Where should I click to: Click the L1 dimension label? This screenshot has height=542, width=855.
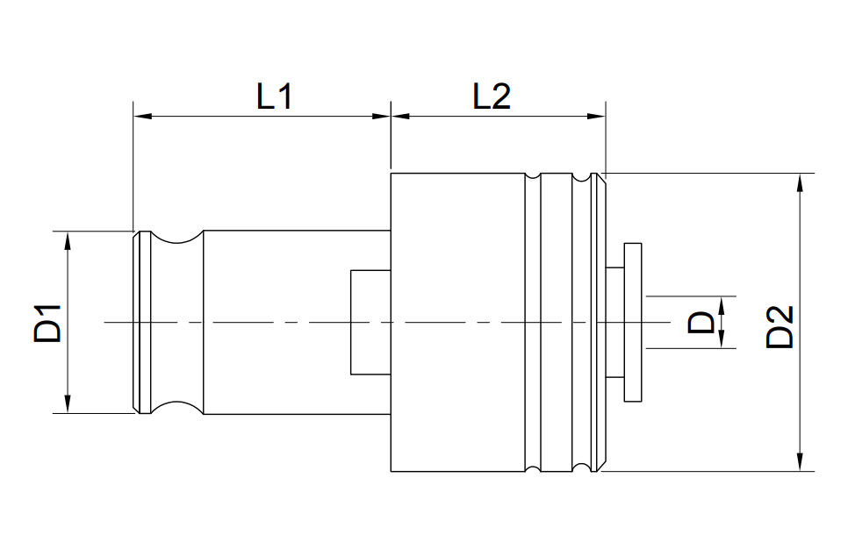point(275,96)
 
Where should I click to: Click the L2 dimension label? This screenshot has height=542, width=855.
point(492,96)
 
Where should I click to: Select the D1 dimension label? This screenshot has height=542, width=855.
point(47,324)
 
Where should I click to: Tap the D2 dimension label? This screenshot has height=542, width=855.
point(780,327)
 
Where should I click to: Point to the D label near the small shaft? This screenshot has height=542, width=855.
point(701,322)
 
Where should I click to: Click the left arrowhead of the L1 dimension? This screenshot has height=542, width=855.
point(142,116)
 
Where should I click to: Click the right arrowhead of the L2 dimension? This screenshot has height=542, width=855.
point(597,116)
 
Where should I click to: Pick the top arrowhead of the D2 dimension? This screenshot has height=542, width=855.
point(800,182)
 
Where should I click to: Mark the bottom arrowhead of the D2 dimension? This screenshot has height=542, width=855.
point(800,462)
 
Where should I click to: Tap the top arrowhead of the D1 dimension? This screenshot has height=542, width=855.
point(68,240)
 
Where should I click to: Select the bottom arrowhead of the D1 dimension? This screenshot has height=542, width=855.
point(68,403)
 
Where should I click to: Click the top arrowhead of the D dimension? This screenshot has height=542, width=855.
point(721,305)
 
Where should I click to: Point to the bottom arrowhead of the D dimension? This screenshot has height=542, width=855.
point(721,339)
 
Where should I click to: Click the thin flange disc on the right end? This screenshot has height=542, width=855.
point(633,323)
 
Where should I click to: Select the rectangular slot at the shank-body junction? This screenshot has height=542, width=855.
point(370,322)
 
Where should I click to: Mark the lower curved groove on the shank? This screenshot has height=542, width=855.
point(176,405)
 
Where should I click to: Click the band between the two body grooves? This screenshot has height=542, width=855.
point(557,323)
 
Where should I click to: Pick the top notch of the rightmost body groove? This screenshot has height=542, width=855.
point(581,177)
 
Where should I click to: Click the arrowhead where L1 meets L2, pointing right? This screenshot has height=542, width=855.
point(382,116)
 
